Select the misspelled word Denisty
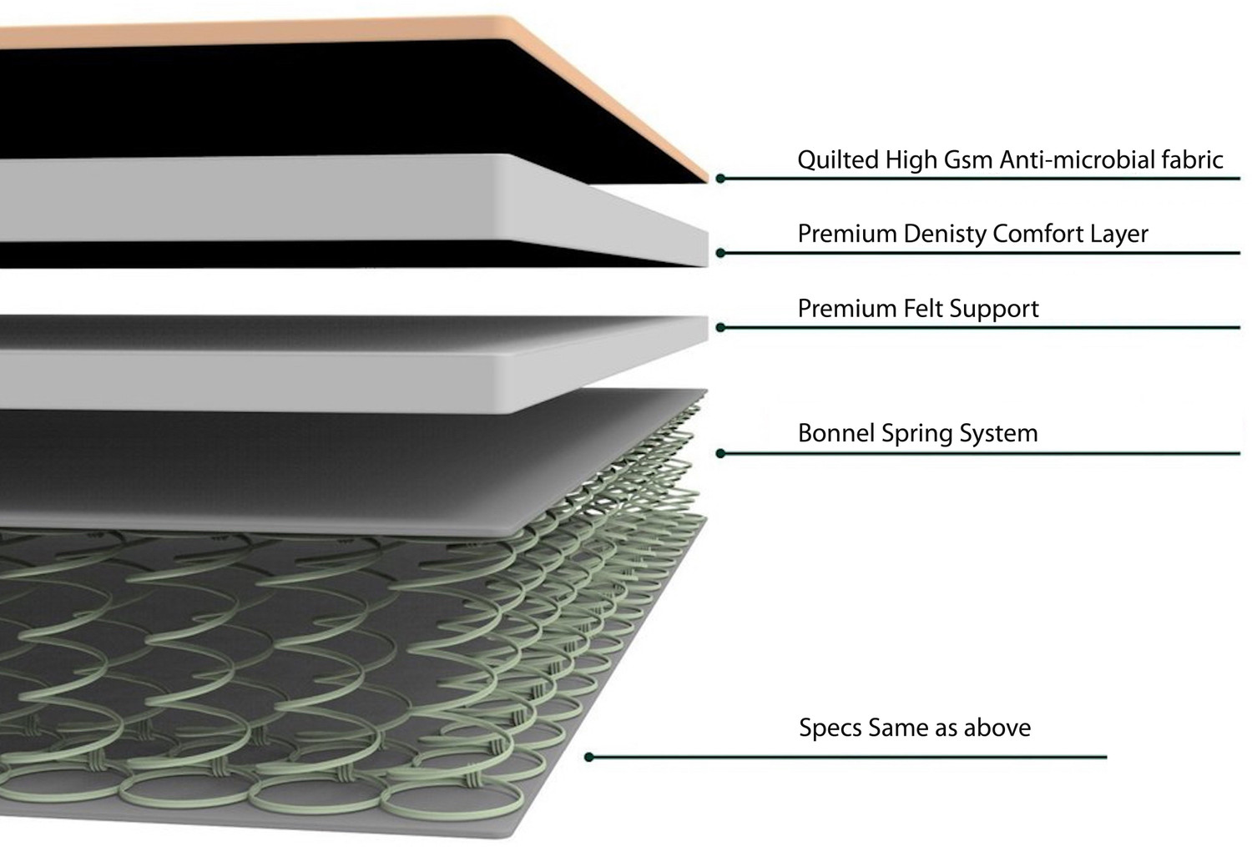[947, 234]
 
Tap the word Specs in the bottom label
[830, 728]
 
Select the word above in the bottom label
[997, 728]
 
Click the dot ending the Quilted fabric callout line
[720, 179]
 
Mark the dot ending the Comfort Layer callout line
[720, 253]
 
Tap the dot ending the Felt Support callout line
[720, 328]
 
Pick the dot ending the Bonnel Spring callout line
[720, 454]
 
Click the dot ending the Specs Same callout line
[589, 757]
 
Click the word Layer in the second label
[1118, 234]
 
